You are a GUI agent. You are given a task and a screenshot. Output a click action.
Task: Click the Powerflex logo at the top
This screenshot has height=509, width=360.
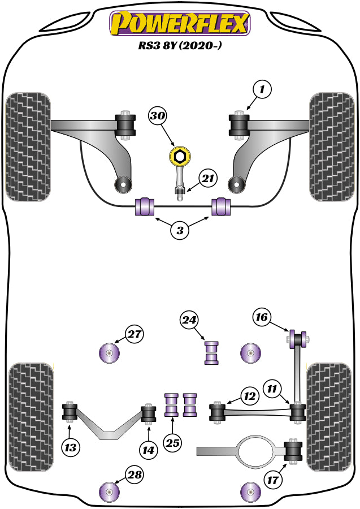click(180, 24)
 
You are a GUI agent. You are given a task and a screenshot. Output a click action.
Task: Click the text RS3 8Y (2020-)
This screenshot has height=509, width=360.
click(179, 48)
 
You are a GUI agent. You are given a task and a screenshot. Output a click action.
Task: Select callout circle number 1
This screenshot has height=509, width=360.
click(262, 89)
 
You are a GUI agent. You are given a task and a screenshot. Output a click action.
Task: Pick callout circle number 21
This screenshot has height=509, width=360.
click(208, 179)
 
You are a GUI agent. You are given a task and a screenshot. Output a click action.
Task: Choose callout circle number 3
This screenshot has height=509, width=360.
click(180, 230)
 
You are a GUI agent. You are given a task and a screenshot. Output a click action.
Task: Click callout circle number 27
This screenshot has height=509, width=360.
click(134, 335)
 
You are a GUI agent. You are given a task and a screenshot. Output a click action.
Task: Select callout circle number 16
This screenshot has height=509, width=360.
click(261, 317)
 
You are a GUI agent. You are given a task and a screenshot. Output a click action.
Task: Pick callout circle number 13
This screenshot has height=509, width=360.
click(70, 448)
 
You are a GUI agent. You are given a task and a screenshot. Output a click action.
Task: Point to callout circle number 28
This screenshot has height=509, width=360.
click(134, 475)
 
